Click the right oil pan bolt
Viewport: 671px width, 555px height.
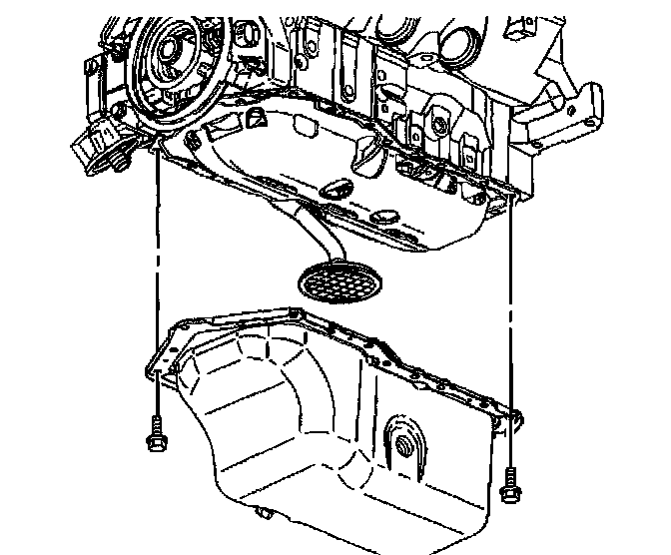(510, 487)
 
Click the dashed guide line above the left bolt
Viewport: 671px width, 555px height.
(157, 279)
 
